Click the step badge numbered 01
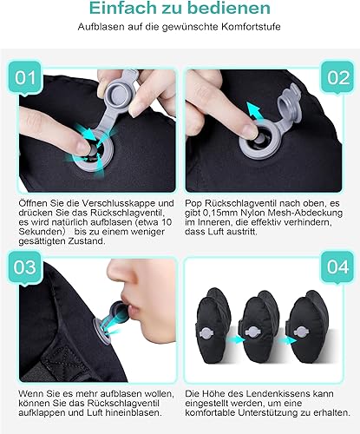25,77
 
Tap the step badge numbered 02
337,77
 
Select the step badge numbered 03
25,267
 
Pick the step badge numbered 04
337,267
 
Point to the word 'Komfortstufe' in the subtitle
251,27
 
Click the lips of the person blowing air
131,306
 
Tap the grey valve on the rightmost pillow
301,332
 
